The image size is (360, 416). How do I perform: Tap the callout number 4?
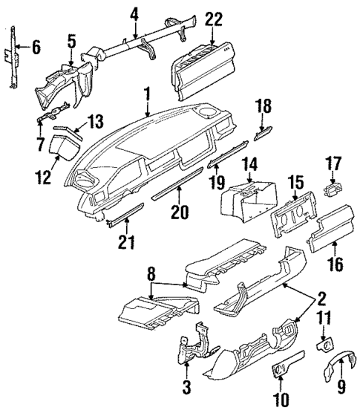tap(134, 13)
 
